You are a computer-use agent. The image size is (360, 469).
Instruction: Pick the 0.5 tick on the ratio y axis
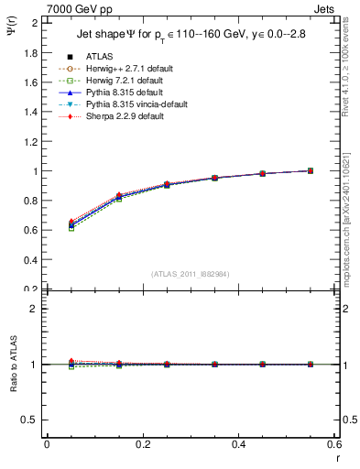tap(32, 420)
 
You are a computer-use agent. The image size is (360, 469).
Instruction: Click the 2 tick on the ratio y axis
tap(36, 309)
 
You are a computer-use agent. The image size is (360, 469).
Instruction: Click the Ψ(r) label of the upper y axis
tap(13, 37)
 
